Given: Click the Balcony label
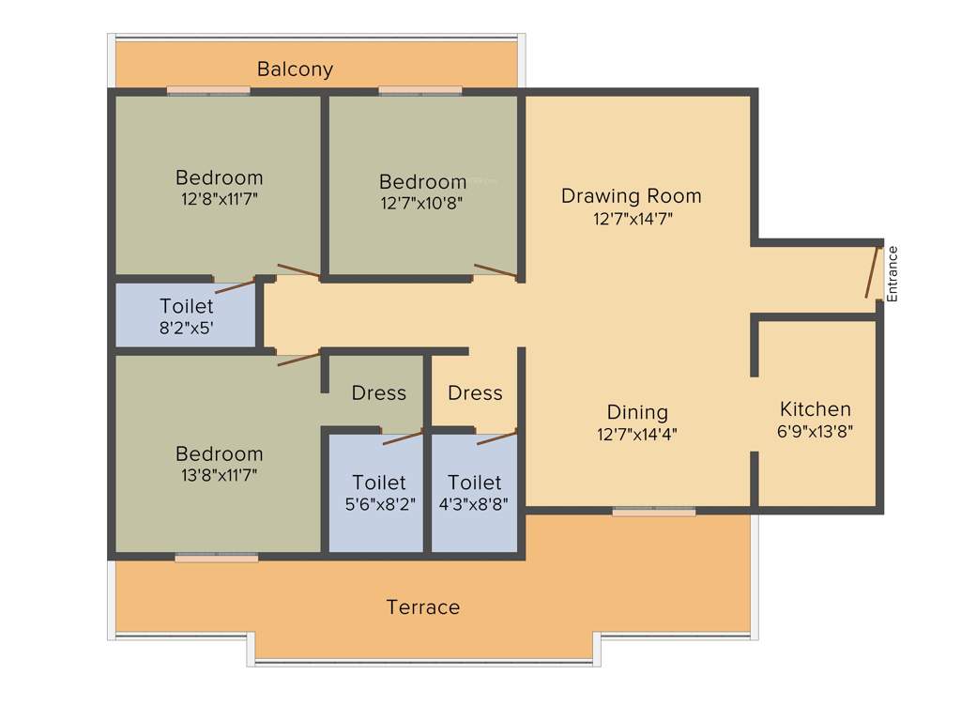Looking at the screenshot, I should click(295, 69).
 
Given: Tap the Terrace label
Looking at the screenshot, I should click(423, 607).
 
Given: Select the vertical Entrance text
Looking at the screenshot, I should click(892, 273).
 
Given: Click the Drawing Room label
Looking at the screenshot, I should click(631, 196).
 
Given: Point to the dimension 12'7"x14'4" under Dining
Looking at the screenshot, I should click(637, 435).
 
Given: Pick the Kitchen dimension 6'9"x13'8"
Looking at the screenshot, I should click(816, 432).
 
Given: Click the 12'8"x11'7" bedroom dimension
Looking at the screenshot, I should click(220, 199).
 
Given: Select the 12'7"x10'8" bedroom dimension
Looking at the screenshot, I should click(422, 202).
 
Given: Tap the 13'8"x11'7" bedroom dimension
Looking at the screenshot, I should click(220, 475).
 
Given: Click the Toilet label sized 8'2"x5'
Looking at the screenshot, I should click(186, 306).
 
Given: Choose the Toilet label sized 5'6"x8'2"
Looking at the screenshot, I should click(379, 483).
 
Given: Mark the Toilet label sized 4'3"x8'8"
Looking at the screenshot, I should click(475, 483).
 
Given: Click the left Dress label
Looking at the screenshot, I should click(379, 393).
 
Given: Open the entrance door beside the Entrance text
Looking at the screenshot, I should click(873, 271).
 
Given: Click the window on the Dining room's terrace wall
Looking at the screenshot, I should click(654, 512).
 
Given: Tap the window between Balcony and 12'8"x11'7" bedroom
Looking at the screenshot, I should click(208, 91).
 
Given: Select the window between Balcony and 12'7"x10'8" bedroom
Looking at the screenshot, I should click(420, 91).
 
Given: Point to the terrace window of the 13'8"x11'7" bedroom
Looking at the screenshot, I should click(216, 558).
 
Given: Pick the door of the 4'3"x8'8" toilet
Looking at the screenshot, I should click(496, 437).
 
